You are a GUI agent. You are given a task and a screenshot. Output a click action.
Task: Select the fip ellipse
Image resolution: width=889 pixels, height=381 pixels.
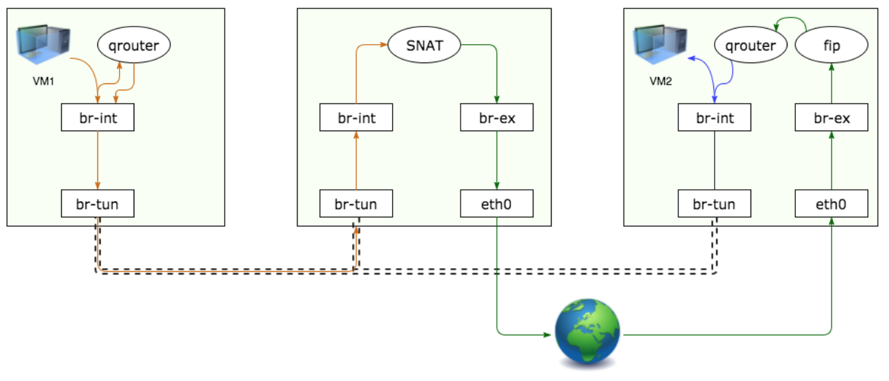point(832,46)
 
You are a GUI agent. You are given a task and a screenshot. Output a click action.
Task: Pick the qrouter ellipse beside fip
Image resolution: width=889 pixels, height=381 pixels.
point(750,46)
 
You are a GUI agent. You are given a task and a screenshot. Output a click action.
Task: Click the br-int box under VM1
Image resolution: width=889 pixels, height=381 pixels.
point(97,118)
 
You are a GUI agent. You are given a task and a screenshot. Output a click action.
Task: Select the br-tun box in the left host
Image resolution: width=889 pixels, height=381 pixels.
point(97,204)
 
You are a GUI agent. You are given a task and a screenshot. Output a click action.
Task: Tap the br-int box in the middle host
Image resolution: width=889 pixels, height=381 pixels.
point(356,118)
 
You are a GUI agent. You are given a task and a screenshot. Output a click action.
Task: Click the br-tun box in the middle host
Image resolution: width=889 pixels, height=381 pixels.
point(356,204)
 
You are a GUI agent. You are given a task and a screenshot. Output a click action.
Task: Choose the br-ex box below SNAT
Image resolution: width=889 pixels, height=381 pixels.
point(497,118)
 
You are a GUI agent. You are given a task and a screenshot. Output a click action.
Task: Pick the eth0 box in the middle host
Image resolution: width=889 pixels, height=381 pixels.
point(497,204)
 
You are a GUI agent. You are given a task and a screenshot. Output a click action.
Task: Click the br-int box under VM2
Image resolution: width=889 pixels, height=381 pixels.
point(715,118)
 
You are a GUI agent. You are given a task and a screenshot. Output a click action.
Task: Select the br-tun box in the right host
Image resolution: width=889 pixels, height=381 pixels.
point(715,204)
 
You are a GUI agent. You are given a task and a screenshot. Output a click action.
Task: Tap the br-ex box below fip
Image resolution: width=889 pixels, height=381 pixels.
point(832,118)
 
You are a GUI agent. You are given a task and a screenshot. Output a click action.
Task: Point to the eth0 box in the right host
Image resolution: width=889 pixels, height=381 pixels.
point(832,204)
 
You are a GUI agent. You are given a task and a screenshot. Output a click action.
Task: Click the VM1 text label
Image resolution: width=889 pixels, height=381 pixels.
point(43,81)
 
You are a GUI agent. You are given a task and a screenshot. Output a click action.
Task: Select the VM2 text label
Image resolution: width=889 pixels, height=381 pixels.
point(661,81)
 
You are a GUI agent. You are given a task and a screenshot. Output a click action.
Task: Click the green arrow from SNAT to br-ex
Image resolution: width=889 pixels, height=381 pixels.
point(496,70)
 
